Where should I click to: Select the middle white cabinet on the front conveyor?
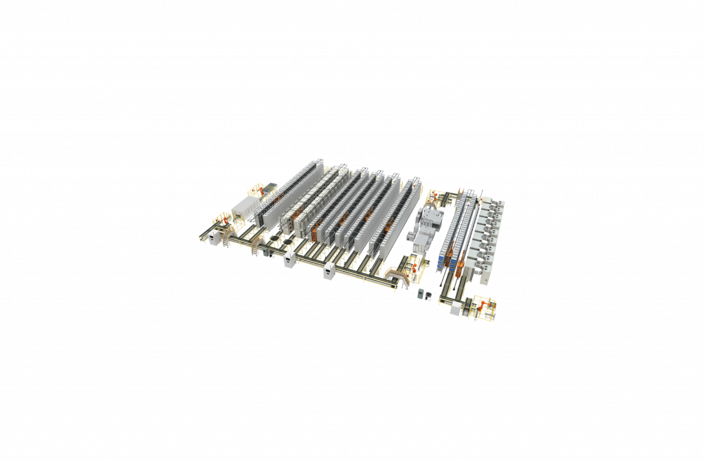pos(290,258)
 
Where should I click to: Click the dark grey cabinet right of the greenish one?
pos(428,296)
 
